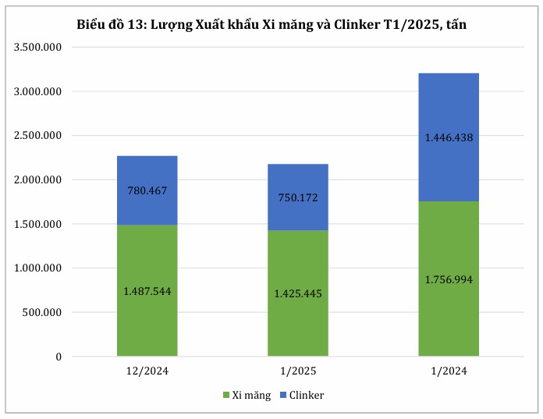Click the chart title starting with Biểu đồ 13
click(x=271, y=25)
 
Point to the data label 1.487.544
click(x=147, y=291)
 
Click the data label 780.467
click(x=147, y=190)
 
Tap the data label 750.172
click(x=297, y=197)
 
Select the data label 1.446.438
click(x=449, y=137)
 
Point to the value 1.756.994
click(x=449, y=279)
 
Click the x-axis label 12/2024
click(x=147, y=371)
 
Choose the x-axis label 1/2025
click(x=297, y=371)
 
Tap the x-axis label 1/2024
click(x=449, y=371)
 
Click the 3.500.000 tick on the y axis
click(x=38, y=48)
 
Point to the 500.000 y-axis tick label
click(x=44, y=313)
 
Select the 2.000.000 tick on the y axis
click(x=38, y=180)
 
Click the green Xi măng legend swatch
click(x=226, y=396)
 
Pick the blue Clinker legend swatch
click(x=282, y=396)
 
